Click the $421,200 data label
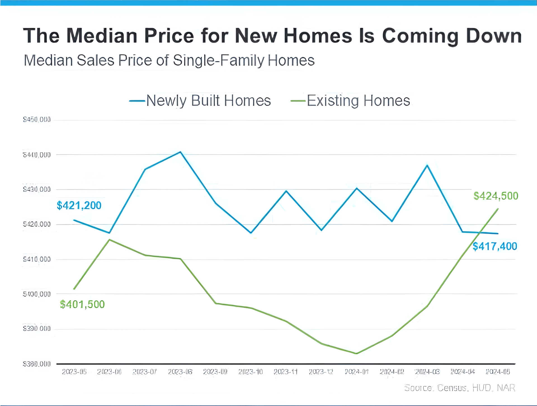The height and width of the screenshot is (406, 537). [x=79, y=206]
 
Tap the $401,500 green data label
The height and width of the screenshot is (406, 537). [x=82, y=304]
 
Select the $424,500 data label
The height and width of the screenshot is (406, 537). [x=496, y=196]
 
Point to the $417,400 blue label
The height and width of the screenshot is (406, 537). [x=495, y=247]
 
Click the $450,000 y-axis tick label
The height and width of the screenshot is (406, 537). [x=37, y=120]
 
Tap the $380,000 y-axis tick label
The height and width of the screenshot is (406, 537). [x=37, y=364]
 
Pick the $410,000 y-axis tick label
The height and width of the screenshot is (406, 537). [x=37, y=259]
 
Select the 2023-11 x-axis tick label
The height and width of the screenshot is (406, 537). [x=286, y=372]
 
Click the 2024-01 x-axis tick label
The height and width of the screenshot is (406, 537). [x=356, y=372]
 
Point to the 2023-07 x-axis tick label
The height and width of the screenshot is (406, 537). [x=145, y=372]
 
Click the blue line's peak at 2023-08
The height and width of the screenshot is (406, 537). [x=180, y=152]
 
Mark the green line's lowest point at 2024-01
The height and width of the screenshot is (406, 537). [x=356, y=353]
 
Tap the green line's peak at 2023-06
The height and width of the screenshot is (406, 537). [x=109, y=240]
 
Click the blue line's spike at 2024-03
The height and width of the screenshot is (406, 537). [x=427, y=165]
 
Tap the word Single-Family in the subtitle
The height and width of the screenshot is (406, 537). [x=218, y=60]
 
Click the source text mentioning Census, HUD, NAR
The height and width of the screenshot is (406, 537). [x=460, y=388]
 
